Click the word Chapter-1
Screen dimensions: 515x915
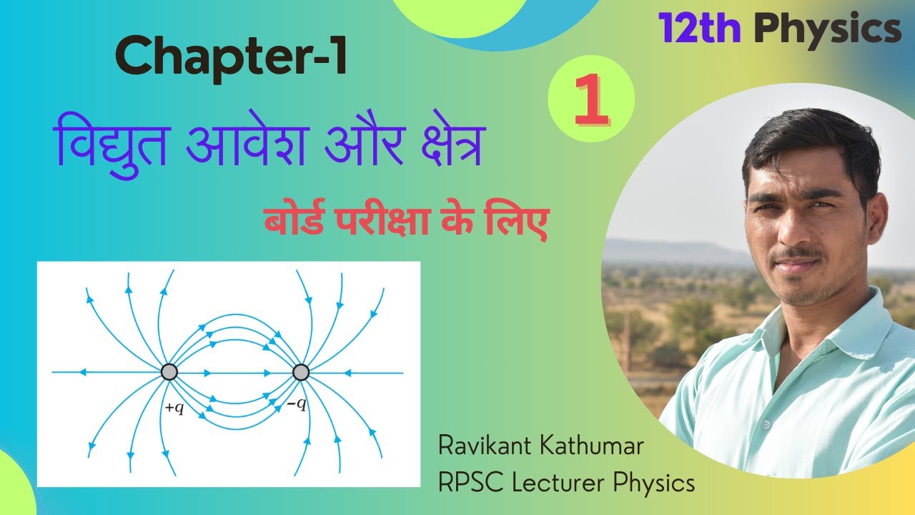231,57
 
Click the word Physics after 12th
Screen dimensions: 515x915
828,30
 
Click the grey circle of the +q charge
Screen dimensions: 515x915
169,372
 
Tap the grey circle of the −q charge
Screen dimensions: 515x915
301,372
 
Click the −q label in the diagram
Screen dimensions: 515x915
297,405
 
